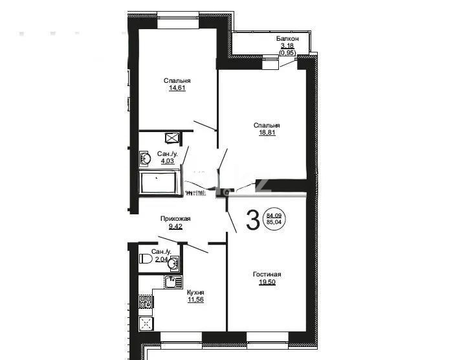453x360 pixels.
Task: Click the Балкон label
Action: coord(287,39)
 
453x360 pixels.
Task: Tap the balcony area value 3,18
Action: coord(287,46)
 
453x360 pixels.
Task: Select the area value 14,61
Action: coord(177,88)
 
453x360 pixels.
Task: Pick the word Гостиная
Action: coord(267,275)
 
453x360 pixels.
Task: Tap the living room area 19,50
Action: coord(267,282)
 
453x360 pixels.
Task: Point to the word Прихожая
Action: coord(175,219)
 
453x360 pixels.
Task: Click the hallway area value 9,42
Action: coord(175,227)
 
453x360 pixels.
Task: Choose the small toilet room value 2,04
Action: coord(160,259)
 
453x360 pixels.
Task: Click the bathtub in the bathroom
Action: coord(159,183)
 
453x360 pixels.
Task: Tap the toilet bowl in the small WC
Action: coord(145,259)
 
